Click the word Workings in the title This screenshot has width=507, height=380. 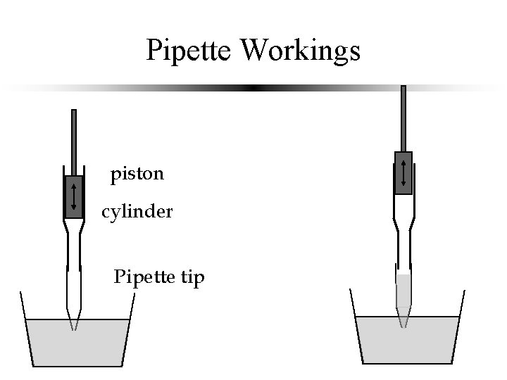click(x=300, y=51)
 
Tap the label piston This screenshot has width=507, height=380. click(x=137, y=174)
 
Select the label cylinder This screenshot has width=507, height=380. click(x=137, y=211)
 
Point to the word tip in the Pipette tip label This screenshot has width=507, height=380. click(x=192, y=278)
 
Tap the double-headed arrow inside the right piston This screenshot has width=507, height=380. click(x=403, y=172)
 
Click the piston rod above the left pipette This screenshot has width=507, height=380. click(x=74, y=141)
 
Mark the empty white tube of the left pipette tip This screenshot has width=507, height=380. click(x=74, y=281)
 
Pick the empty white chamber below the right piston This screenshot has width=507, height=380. click(x=403, y=205)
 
